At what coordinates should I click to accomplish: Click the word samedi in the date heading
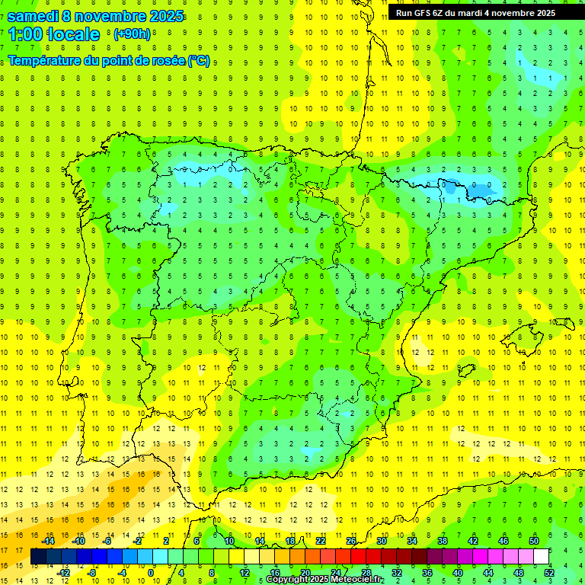[34, 16]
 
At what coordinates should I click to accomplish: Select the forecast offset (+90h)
[132, 34]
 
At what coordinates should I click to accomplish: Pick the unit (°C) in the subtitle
[199, 60]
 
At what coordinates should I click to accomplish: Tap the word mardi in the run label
[475, 13]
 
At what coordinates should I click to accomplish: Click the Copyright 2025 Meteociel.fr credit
[324, 580]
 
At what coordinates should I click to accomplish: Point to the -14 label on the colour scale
[48, 541]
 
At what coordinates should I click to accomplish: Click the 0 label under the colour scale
[150, 573]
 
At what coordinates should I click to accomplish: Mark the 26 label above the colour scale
[351, 541]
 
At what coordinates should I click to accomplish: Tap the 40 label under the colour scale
[458, 573]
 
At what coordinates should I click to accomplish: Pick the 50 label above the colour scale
[534, 541]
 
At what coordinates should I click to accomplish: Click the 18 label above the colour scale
[290, 541]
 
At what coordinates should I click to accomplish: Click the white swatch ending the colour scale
[542, 557]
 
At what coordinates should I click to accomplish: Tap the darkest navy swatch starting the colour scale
[38, 557]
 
